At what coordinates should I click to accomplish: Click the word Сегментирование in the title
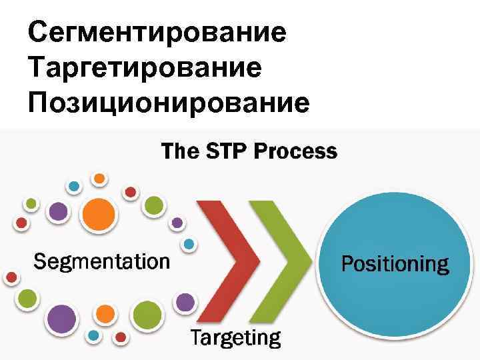pos(157,33)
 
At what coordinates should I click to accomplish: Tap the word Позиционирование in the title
pos(169,103)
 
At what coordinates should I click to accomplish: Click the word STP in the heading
pos(225,151)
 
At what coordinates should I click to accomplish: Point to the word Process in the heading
pos(297,151)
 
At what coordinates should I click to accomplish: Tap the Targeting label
pos(235,337)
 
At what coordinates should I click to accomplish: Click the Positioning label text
pos(395,264)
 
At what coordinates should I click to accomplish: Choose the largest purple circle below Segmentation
pos(61,320)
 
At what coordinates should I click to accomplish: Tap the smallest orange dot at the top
pos(99,179)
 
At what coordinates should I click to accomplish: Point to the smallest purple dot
pos(177,223)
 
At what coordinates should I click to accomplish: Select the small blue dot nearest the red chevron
pos(190,244)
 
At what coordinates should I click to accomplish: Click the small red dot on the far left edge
pos(11,277)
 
